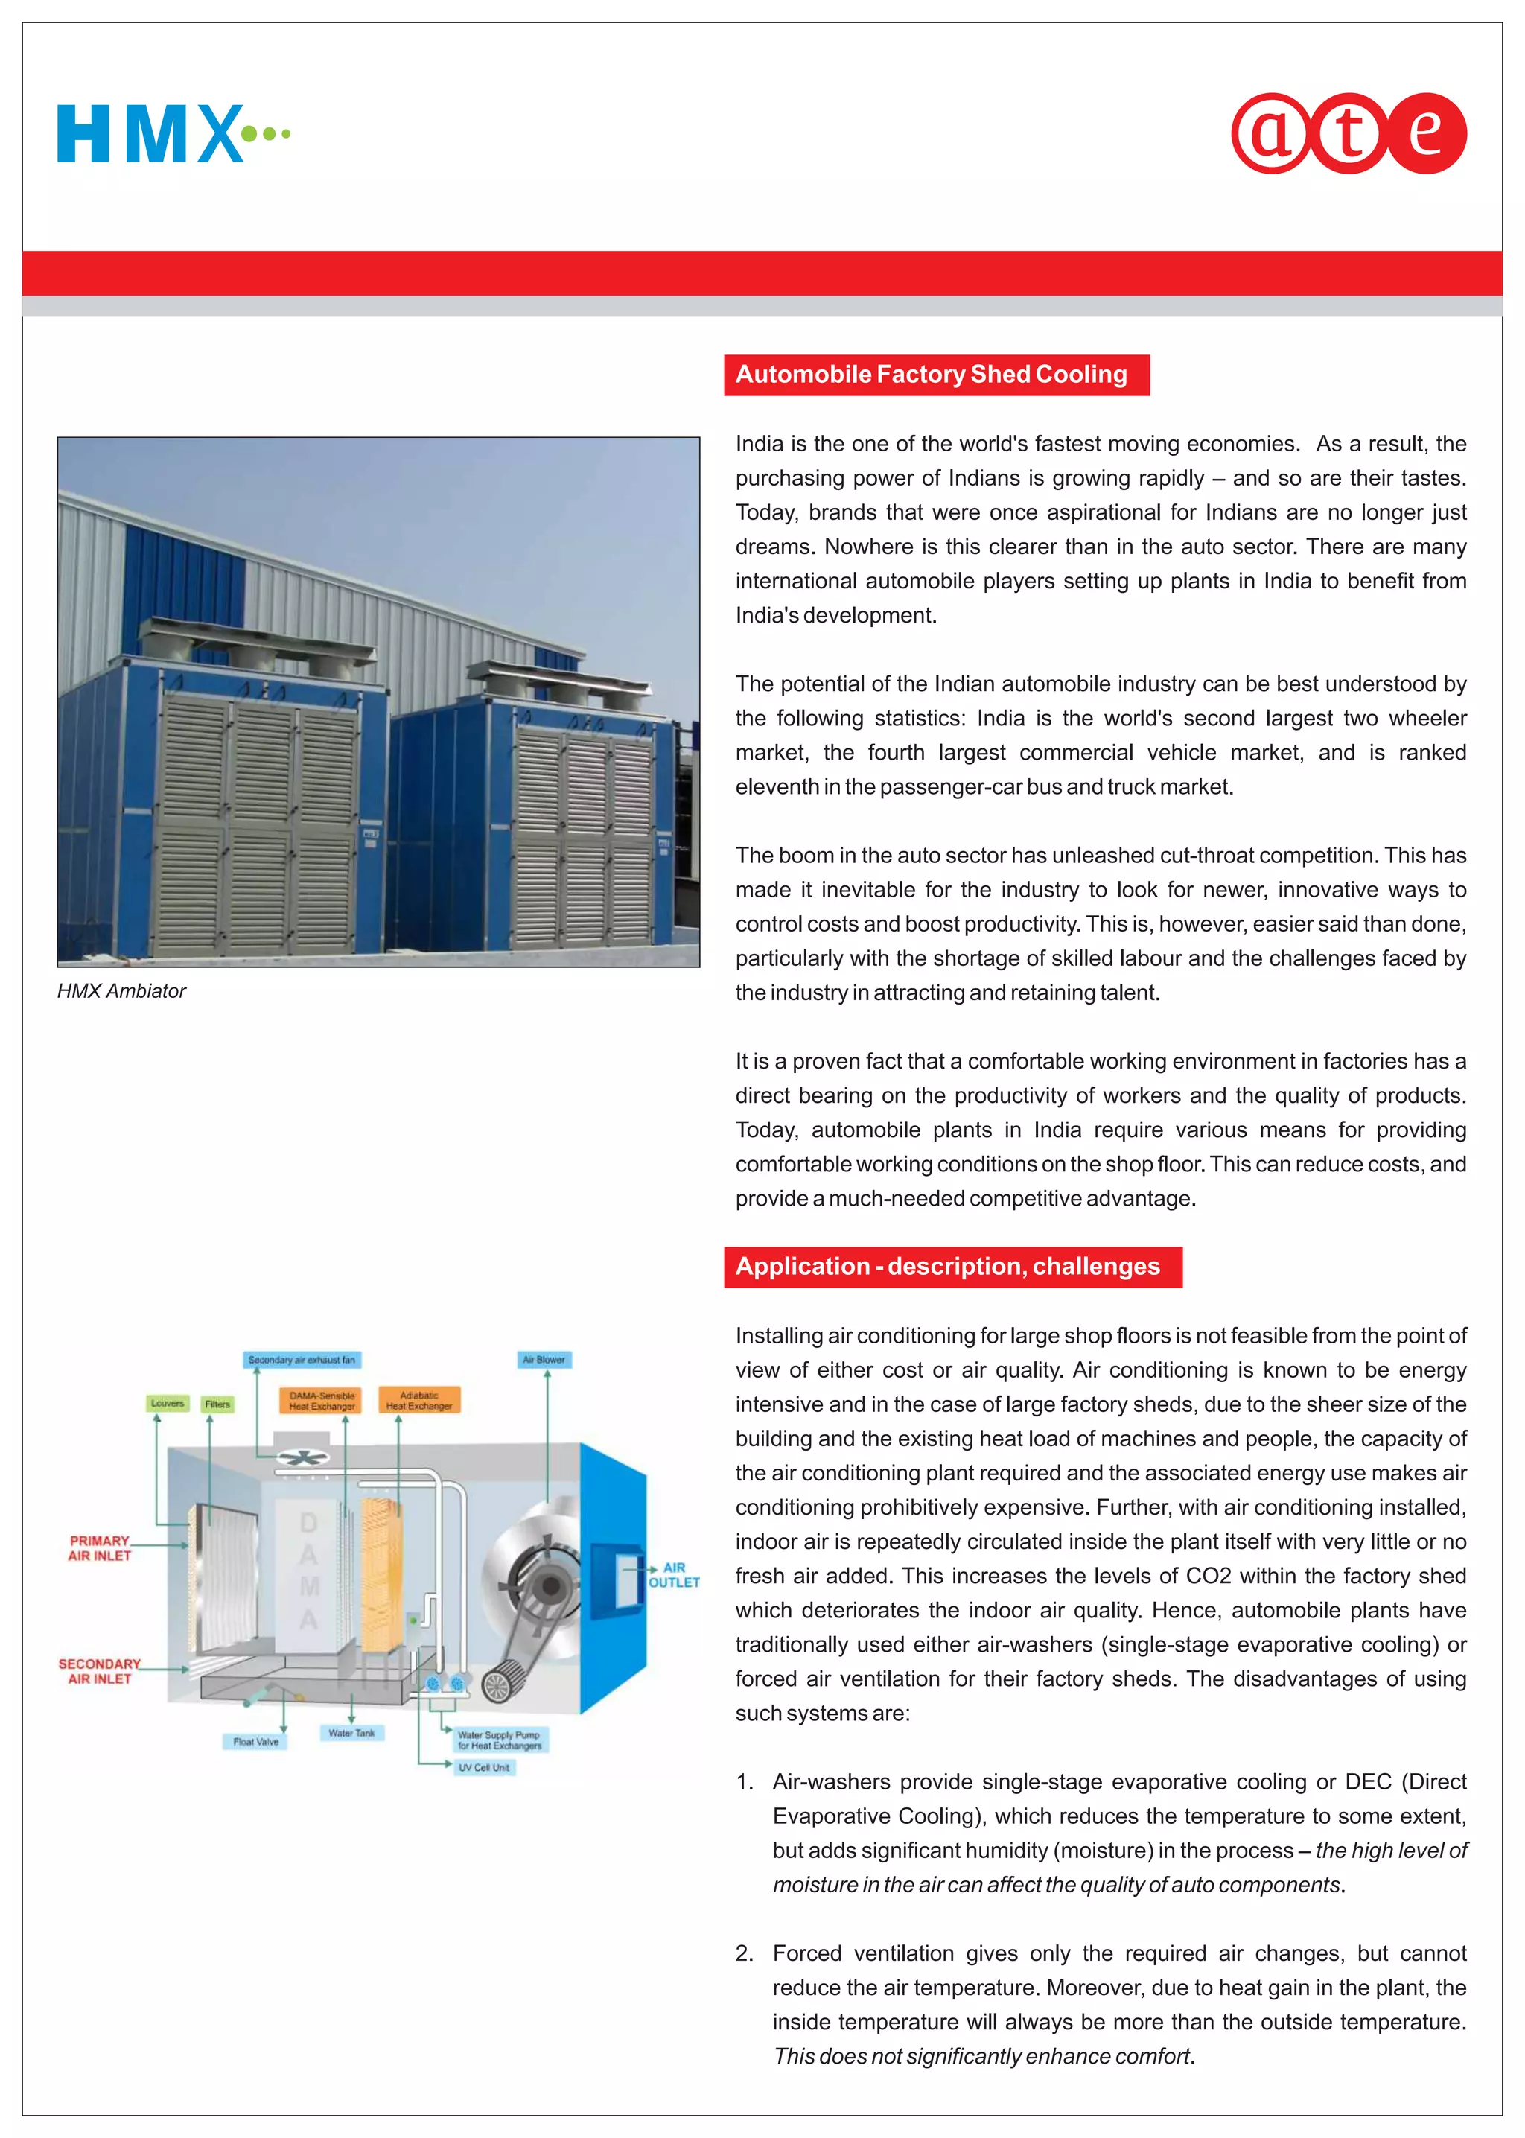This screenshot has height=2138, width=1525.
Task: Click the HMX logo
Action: [173, 133]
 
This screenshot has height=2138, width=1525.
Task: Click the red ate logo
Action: [1349, 133]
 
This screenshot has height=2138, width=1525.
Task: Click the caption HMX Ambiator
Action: [121, 990]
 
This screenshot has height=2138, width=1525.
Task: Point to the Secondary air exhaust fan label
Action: [302, 1360]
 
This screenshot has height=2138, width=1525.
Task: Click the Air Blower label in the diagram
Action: [544, 1360]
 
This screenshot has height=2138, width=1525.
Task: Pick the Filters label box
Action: [217, 1404]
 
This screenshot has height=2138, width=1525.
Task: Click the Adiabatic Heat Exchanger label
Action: [418, 1401]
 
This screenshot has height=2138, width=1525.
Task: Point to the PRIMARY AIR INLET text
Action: [100, 1548]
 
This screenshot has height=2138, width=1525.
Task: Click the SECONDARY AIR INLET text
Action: [100, 1671]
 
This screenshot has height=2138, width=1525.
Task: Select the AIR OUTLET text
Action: [674, 1574]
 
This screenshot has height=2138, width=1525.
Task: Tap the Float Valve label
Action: [255, 1742]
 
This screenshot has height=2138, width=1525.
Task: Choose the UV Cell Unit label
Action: [483, 1767]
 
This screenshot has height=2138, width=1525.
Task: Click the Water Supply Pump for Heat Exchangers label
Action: [500, 1740]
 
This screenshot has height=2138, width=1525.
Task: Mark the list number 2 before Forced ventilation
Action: [744, 1953]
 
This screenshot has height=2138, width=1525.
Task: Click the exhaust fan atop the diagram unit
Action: [302, 1457]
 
